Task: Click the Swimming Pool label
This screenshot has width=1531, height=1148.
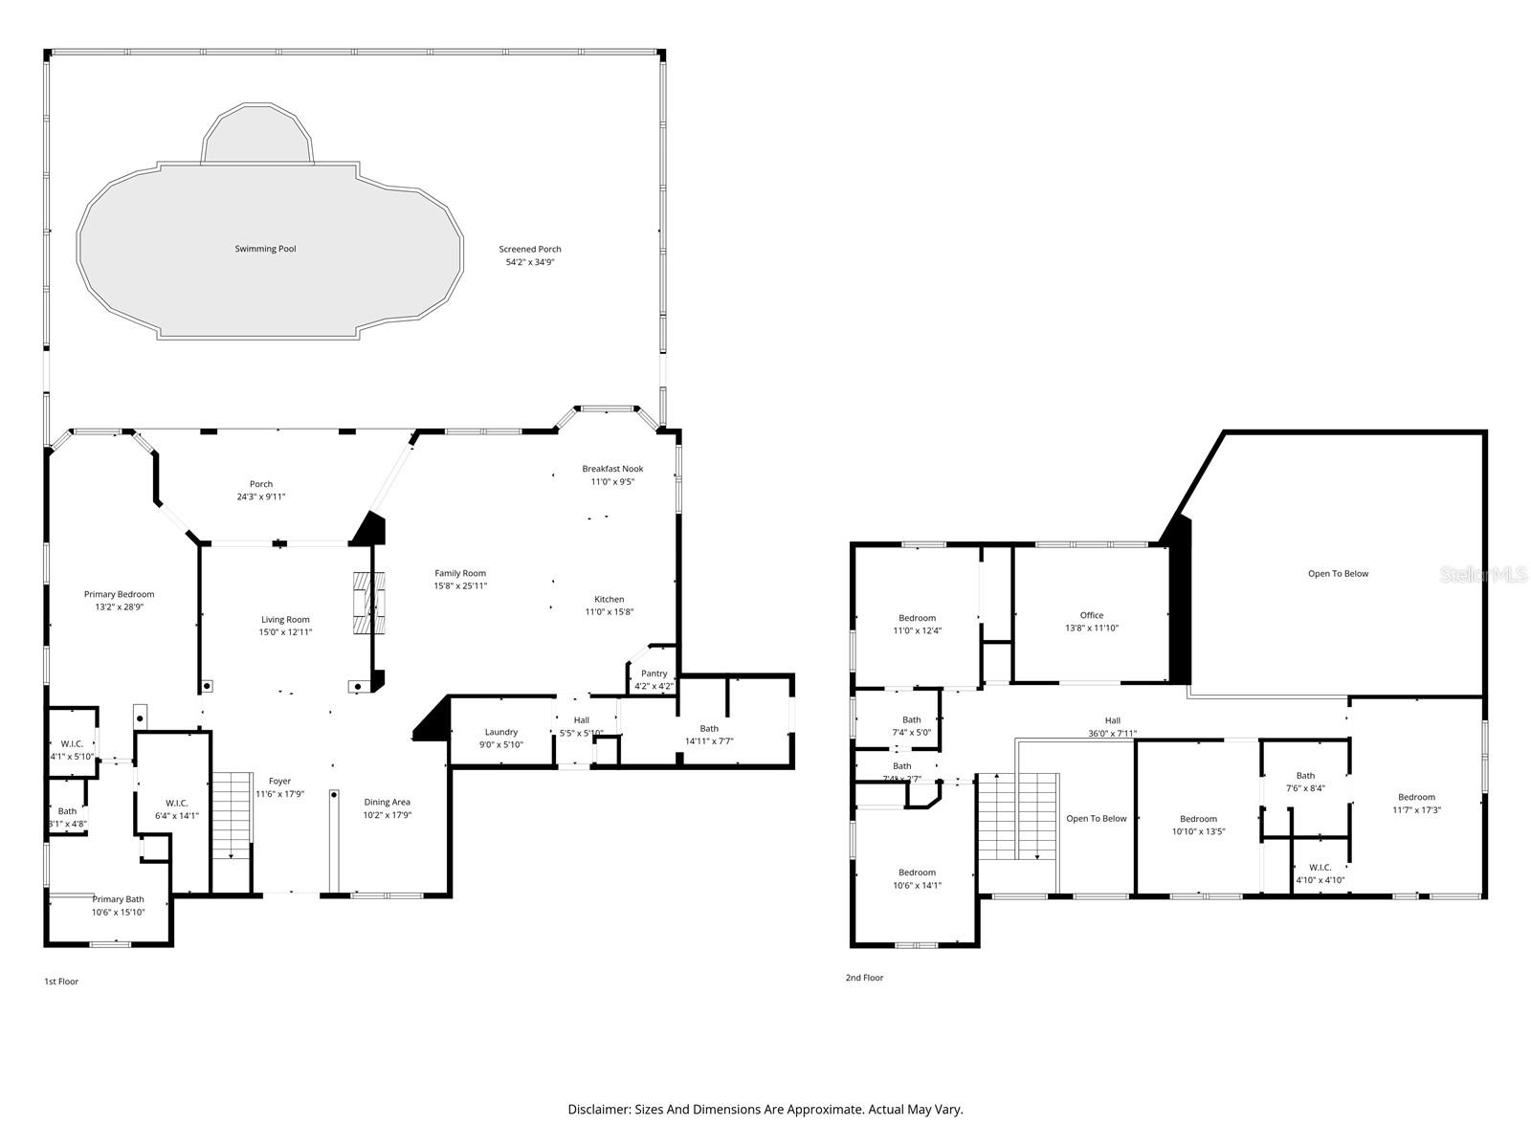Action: point(265,249)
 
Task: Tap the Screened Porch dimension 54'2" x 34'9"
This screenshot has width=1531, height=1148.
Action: point(530,262)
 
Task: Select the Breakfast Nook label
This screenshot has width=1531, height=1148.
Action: point(612,469)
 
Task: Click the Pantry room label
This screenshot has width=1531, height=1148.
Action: point(655,673)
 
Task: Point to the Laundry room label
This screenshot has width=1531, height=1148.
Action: point(500,732)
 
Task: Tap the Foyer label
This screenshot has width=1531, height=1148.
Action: point(279,782)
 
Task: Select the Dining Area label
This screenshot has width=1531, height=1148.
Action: point(388,802)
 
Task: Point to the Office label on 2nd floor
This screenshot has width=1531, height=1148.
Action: point(1092,615)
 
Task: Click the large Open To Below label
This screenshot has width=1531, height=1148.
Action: point(1338,574)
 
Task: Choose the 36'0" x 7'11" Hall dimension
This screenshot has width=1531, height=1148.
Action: point(1112,734)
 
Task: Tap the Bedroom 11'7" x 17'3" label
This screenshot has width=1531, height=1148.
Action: point(1416,797)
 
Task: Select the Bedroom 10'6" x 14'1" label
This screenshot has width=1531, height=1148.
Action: point(917,872)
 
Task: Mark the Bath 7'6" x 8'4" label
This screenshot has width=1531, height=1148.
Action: point(1305,776)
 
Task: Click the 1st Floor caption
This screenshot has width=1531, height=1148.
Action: point(61,982)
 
